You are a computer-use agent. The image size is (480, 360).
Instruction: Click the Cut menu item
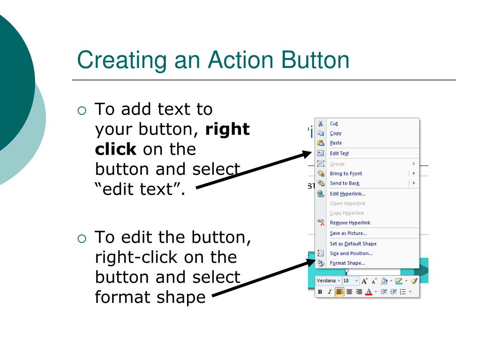coord(334,124)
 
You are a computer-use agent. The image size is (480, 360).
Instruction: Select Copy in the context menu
coord(336,134)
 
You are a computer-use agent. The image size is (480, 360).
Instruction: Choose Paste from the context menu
coord(336,143)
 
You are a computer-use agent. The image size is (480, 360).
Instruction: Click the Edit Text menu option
coord(339,153)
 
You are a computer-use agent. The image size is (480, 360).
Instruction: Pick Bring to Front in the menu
coord(346,173)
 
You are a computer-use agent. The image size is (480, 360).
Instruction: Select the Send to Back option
coord(345,183)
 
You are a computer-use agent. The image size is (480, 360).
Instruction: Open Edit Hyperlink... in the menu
coord(348,194)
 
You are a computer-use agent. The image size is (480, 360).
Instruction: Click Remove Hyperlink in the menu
coord(350,223)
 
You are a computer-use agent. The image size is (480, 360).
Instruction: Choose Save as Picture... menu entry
coord(348,233)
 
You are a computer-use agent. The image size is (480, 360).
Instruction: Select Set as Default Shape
coord(353,244)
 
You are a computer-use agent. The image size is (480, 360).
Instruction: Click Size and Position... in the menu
coord(351,254)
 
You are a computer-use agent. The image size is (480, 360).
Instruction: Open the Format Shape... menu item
coord(347,263)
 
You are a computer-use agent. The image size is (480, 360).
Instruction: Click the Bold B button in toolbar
coord(320,292)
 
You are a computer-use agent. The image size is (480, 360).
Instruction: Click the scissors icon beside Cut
coord(321,124)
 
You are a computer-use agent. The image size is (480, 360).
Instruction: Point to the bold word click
coord(115,150)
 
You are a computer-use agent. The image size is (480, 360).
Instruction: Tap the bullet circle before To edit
coord(82,239)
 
